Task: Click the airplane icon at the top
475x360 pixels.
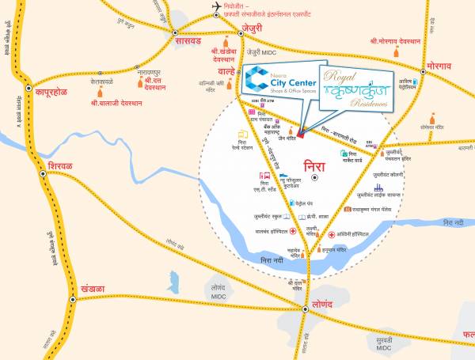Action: pyautogui.click(x=216, y=7)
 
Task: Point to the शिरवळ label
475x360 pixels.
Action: pyautogui.click(x=60, y=167)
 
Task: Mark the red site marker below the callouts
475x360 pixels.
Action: pyautogui.click(x=300, y=134)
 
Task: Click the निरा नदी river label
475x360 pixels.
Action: pyautogui.click(x=273, y=259)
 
